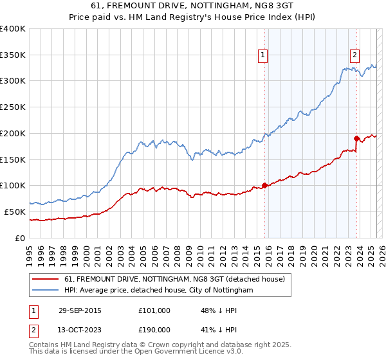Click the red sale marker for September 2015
264,185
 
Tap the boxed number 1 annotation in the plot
264,56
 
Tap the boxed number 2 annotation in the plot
354,56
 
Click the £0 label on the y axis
21,238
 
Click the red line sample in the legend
45,279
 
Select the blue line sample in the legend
45,291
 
